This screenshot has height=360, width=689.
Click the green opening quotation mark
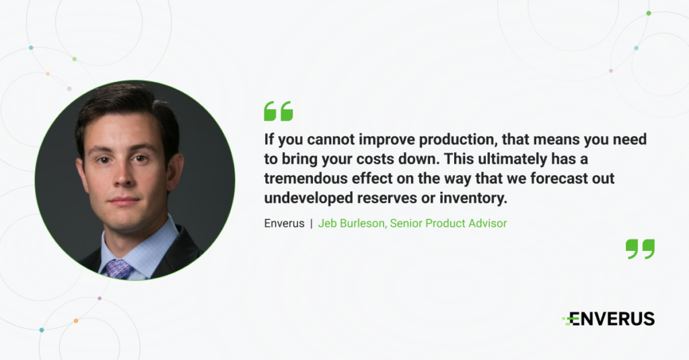[278, 111]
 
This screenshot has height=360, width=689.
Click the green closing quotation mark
[641, 249]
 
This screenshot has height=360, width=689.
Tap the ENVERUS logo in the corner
[608, 319]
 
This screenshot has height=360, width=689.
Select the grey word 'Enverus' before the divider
[284, 223]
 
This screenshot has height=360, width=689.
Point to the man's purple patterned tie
[118, 268]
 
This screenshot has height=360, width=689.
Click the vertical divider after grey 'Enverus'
[312, 223]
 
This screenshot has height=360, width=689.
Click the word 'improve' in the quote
[386, 139]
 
